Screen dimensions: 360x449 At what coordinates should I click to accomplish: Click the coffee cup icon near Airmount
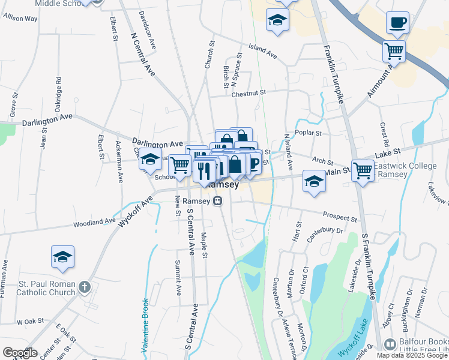click(x=397, y=23)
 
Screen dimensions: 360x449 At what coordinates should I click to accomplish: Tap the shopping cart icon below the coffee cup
click(x=394, y=51)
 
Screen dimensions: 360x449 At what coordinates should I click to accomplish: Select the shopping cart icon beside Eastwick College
click(x=363, y=170)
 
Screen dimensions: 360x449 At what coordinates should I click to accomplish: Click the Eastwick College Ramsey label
click(x=403, y=169)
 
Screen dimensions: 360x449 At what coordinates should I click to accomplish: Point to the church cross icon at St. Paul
click(x=84, y=287)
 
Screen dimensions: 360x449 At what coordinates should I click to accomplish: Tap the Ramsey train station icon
click(x=219, y=202)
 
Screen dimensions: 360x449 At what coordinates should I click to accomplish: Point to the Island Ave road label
click(x=264, y=52)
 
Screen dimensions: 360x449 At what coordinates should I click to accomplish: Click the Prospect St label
click(x=340, y=216)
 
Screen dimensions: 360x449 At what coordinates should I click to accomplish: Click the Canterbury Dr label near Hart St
click(x=325, y=234)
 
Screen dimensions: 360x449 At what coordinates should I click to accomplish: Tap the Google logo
click(x=20, y=352)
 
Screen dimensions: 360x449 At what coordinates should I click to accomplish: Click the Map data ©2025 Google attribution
click(x=412, y=355)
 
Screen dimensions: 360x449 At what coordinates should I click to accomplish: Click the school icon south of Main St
click(x=314, y=181)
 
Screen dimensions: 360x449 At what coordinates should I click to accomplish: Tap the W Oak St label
click(x=28, y=322)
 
